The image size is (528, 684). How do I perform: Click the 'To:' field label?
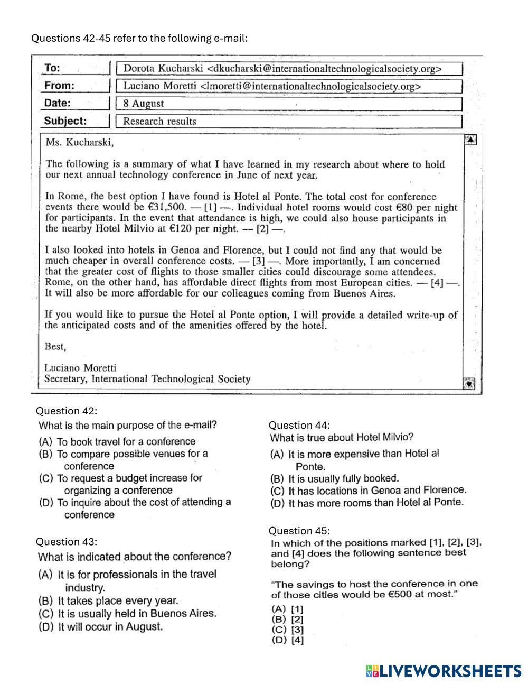tap(52, 68)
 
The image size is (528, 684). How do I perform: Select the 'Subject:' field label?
tap(65, 121)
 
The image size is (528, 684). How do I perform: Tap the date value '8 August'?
tap(143, 104)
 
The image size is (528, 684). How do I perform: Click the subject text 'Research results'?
tap(159, 121)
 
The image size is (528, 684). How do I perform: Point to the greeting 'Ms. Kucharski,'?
tap(80, 142)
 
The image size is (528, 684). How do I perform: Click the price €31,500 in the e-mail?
tap(168, 207)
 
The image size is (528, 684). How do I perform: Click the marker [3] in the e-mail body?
tap(259, 261)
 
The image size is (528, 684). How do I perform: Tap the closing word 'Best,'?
tap(55, 347)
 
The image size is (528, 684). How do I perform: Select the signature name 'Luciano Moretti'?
tap(80, 368)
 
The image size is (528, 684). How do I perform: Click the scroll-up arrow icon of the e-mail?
tap(470, 140)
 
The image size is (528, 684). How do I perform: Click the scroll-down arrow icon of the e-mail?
tap(469, 383)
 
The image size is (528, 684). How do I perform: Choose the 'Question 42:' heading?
tap(67, 411)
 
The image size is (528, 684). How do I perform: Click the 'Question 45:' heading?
tap(299, 531)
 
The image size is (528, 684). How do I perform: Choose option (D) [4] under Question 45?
tap(288, 641)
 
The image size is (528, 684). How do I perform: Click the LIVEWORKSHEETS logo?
tap(443, 671)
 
